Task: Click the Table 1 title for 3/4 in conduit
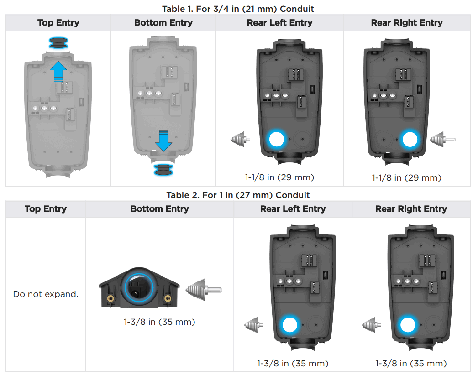point(238,9)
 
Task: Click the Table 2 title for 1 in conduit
point(238,195)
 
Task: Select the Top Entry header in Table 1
point(58,23)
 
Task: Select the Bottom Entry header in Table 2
point(159,209)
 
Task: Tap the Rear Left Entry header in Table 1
point(279,23)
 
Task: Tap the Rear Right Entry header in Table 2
point(411,209)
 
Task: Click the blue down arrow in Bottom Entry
point(163,141)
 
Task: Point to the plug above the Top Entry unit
point(58,44)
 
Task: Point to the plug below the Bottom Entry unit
point(163,170)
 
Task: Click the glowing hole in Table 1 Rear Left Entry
point(276,139)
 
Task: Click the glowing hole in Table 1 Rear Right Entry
point(410,139)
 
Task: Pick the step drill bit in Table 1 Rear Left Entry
point(240,138)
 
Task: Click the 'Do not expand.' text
point(46,294)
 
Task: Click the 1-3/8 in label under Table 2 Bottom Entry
point(159,322)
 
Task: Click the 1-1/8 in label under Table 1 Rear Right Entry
point(406,177)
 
